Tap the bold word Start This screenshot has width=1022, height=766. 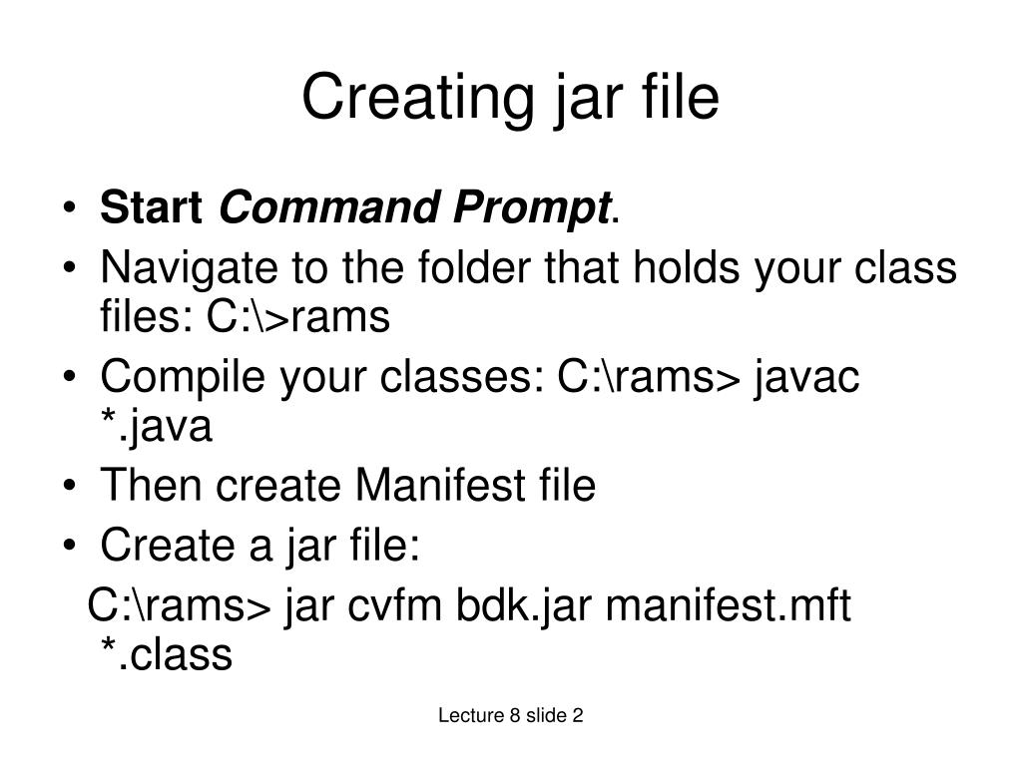(153, 209)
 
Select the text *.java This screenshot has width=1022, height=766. (156, 427)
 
